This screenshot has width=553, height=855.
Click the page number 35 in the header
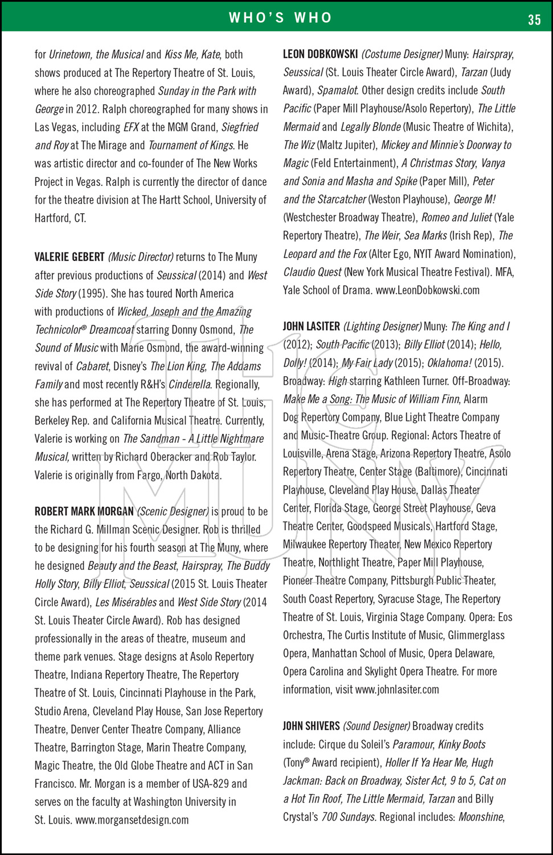(534, 20)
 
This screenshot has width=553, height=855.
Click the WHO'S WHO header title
(280, 18)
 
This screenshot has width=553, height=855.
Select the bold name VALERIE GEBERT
(69, 257)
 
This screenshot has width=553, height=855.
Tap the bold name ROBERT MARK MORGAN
(84, 512)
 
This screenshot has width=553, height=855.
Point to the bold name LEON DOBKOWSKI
(320, 54)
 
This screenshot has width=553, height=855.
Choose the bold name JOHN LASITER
(311, 327)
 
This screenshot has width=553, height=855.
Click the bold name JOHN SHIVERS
(311, 726)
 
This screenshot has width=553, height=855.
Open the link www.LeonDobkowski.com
(427, 290)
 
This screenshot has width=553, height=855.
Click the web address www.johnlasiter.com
(397, 690)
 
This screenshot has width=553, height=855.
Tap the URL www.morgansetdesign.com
(132, 820)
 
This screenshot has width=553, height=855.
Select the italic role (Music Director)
(141, 257)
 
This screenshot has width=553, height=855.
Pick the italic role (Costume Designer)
(402, 54)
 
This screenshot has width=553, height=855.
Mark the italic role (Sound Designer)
(376, 726)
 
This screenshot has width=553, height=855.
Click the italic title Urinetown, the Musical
(96, 55)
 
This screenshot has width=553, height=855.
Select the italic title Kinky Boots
(462, 744)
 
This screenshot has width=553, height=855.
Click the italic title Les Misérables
(125, 602)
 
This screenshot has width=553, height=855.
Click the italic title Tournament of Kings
(191, 145)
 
